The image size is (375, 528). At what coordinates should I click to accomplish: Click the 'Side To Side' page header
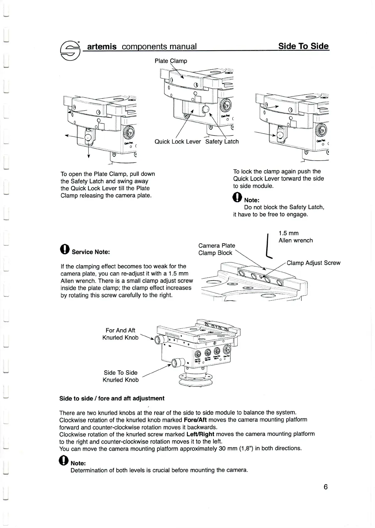[x=304, y=46]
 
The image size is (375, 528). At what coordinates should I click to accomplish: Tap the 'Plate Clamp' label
[x=171, y=61]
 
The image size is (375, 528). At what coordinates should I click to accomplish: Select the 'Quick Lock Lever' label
[x=177, y=142]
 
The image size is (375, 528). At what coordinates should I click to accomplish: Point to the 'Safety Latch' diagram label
[x=222, y=142]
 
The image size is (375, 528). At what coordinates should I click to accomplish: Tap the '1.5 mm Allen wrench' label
[x=295, y=237]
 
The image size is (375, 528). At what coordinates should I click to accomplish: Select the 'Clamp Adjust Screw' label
[x=313, y=263]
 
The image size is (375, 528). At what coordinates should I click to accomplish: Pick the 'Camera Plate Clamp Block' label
[x=216, y=249]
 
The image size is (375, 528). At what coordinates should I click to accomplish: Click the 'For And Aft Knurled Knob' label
[x=120, y=334]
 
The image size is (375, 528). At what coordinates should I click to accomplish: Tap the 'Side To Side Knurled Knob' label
[x=121, y=376]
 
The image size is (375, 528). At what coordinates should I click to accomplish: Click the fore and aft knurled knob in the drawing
[x=160, y=340]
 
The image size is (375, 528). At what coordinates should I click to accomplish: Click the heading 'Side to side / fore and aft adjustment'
[x=112, y=399]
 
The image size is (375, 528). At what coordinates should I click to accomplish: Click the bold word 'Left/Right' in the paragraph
[x=200, y=434]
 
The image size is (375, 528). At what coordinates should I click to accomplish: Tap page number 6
[x=325, y=487]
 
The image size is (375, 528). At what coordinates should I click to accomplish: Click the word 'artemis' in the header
[x=102, y=47]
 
